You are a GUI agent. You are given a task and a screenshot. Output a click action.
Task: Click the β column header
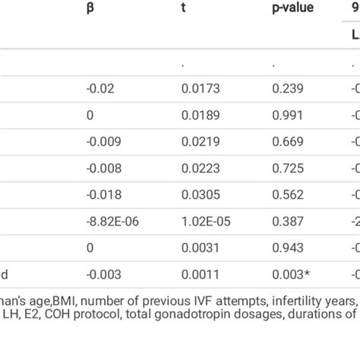pyautogui.click(x=90, y=8)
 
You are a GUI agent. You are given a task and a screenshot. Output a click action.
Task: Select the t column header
pyautogui.click(x=184, y=8)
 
